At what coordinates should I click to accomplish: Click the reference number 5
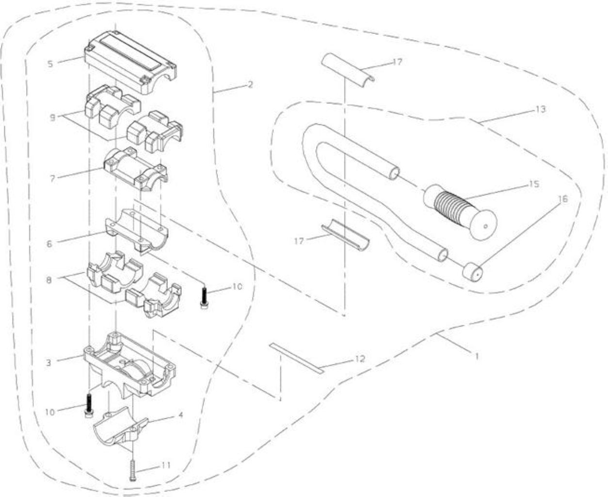(50, 64)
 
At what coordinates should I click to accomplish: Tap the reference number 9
(52, 118)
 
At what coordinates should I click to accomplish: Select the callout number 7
(52, 179)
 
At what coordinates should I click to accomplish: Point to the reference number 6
(49, 244)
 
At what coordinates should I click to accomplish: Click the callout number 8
(49, 280)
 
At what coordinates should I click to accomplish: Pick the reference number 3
(48, 363)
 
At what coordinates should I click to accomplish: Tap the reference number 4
(180, 415)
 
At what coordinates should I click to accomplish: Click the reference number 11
(166, 465)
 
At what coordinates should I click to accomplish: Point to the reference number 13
(541, 109)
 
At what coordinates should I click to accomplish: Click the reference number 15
(534, 184)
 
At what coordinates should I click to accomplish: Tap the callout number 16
(563, 199)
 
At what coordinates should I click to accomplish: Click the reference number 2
(250, 84)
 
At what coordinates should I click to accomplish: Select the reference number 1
(477, 356)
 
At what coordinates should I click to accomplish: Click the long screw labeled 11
(133, 470)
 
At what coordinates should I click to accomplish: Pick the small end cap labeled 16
(473, 271)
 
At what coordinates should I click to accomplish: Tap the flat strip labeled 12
(296, 358)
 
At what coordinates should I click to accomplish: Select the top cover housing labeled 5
(130, 62)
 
